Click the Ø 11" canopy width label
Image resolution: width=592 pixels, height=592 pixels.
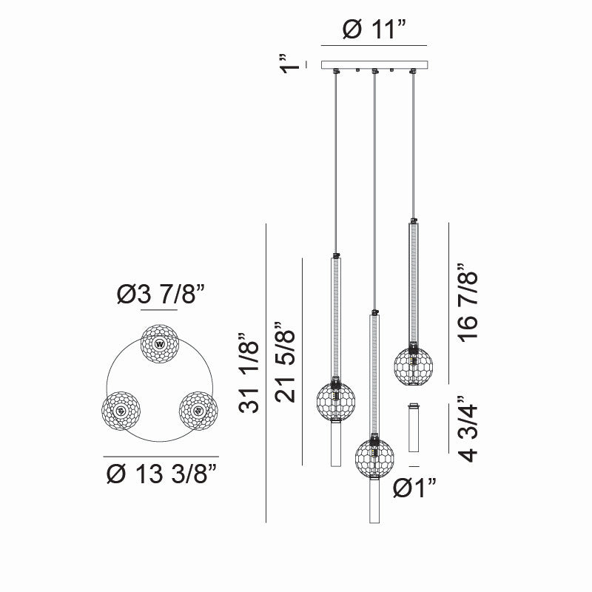click(x=374, y=32)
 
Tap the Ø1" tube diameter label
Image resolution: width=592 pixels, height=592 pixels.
click(x=414, y=489)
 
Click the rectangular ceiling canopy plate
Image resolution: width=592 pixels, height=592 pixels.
click(x=374, y=65)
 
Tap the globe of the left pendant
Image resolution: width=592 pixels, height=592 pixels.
click(x=336, y=400)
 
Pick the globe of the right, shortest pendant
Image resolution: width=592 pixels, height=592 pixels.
click(x=413, y=363)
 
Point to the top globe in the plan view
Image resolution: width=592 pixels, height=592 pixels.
click(x=161, y=343)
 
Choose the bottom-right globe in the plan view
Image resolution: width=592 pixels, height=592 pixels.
click(x=199, y=409)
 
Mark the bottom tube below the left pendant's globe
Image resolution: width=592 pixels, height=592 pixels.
click(x=336, y=444)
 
